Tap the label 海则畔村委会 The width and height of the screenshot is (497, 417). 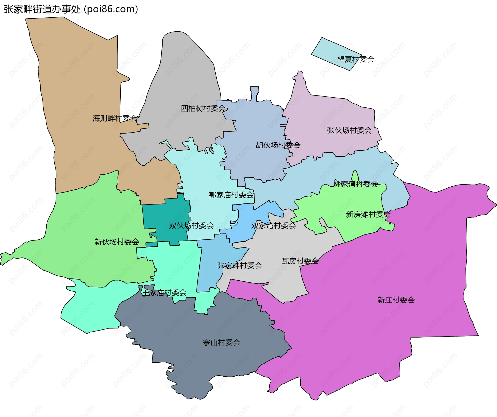click(x=115, y=118)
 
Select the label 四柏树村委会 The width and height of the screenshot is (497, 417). click(x=203, y=108)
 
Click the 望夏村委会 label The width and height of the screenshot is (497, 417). click(x=356, y=59)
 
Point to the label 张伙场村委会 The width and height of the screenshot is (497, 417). click(x=349, y=130)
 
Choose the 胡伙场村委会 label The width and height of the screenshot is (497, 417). click(x=278, y=145)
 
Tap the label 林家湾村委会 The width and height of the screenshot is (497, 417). click(x=356, y=184)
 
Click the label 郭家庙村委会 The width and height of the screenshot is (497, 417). click(x=231, y=195)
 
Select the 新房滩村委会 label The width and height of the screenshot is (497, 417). click(x=368, y=214)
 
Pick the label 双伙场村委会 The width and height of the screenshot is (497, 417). click(x=191, y=225)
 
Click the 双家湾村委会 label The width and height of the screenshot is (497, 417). click(x=273, y=225)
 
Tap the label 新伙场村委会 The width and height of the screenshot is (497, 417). click(x=117, y=242)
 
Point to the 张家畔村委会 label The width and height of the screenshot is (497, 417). click(x=239, y=265)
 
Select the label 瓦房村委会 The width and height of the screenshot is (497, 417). click(x=300, y=261)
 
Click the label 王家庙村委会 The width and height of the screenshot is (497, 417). click(x=164, y=293)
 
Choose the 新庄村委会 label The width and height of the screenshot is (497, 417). click(x=396, y=300)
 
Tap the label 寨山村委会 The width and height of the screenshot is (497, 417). click(x=221, y=342)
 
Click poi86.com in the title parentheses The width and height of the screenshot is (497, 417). click(x=111, y=9)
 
